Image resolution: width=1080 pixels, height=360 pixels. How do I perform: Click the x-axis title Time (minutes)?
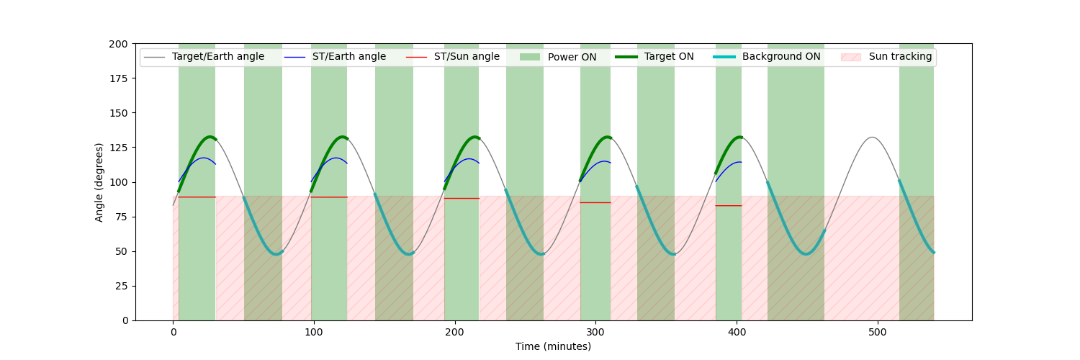(x=553, y=346)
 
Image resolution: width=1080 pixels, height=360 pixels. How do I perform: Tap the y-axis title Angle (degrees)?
(x=99, y=182)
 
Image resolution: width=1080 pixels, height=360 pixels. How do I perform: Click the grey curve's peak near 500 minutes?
(x=872, y=138)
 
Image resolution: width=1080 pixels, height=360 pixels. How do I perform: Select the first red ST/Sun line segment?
(x=197, y=197)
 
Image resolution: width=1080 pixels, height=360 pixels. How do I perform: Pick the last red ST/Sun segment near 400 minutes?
(x=729, y=206)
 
